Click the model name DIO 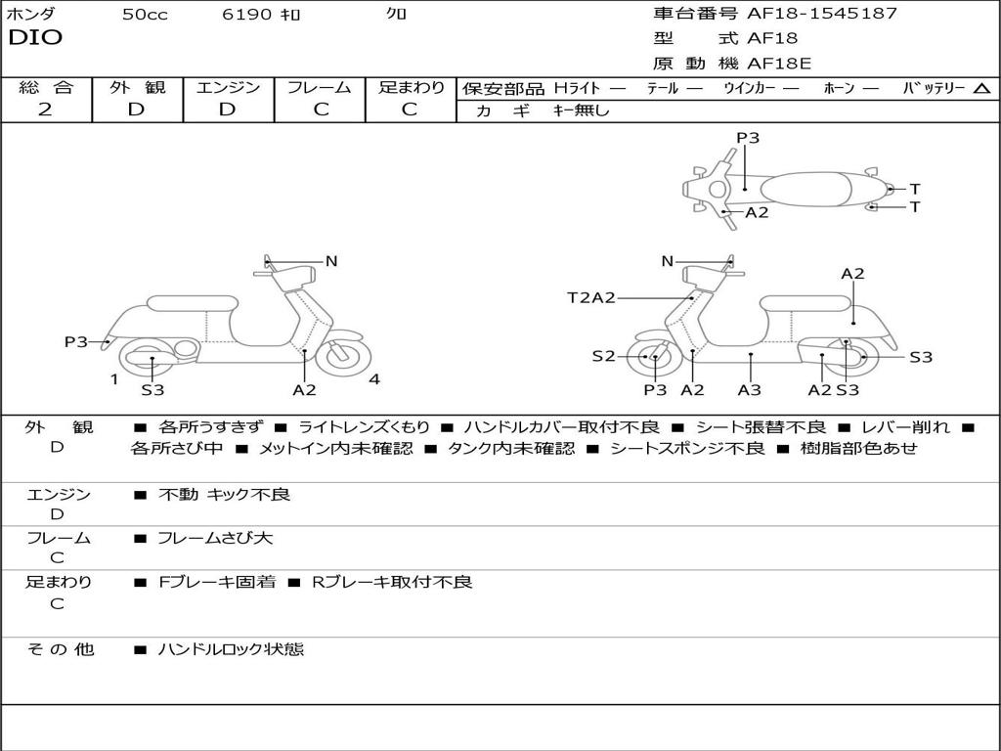coord(35,38)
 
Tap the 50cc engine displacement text coord(145,15)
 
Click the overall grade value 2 coord(45,110)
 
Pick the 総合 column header coord(46,88)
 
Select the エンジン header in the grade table coord(228,88)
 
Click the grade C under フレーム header coord(320,110)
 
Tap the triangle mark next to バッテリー coord(981,89)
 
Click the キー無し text coord(581,110)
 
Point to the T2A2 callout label coord(590,297)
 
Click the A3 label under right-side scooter coord(750,389)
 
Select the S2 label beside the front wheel coord(603,357)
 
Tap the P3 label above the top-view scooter coord(748,138)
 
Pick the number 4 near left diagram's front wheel coord(374,379)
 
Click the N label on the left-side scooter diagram coord(331,261)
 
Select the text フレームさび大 coord(215,538)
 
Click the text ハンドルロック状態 coord(231,648)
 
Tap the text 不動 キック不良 coord(224,495)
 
